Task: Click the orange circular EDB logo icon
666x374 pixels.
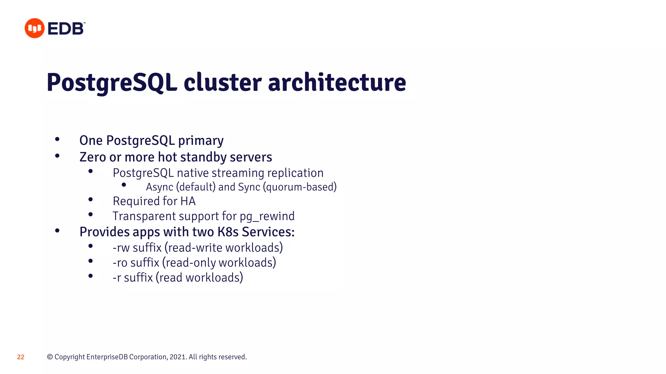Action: point(34,28)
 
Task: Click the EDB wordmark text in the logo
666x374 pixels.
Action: point(66,29)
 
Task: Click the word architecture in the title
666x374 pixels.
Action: point(337,82)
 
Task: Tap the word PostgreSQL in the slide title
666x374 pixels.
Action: point(112,82)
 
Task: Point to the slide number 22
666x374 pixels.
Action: point(20,357)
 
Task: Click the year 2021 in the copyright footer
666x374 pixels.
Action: point(178,357)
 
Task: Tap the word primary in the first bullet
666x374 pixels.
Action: point(201,141)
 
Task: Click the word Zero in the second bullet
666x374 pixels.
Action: point(93,157)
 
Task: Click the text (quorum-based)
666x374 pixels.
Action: point(300,187)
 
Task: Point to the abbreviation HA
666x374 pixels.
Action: point(188,201)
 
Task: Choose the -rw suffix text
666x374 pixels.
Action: point(121,248)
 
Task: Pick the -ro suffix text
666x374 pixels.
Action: point(120,263)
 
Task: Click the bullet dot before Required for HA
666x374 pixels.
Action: point(91,199)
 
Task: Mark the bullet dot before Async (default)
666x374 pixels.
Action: point(124,185)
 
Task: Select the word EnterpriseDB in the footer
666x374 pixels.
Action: point(107,357)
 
